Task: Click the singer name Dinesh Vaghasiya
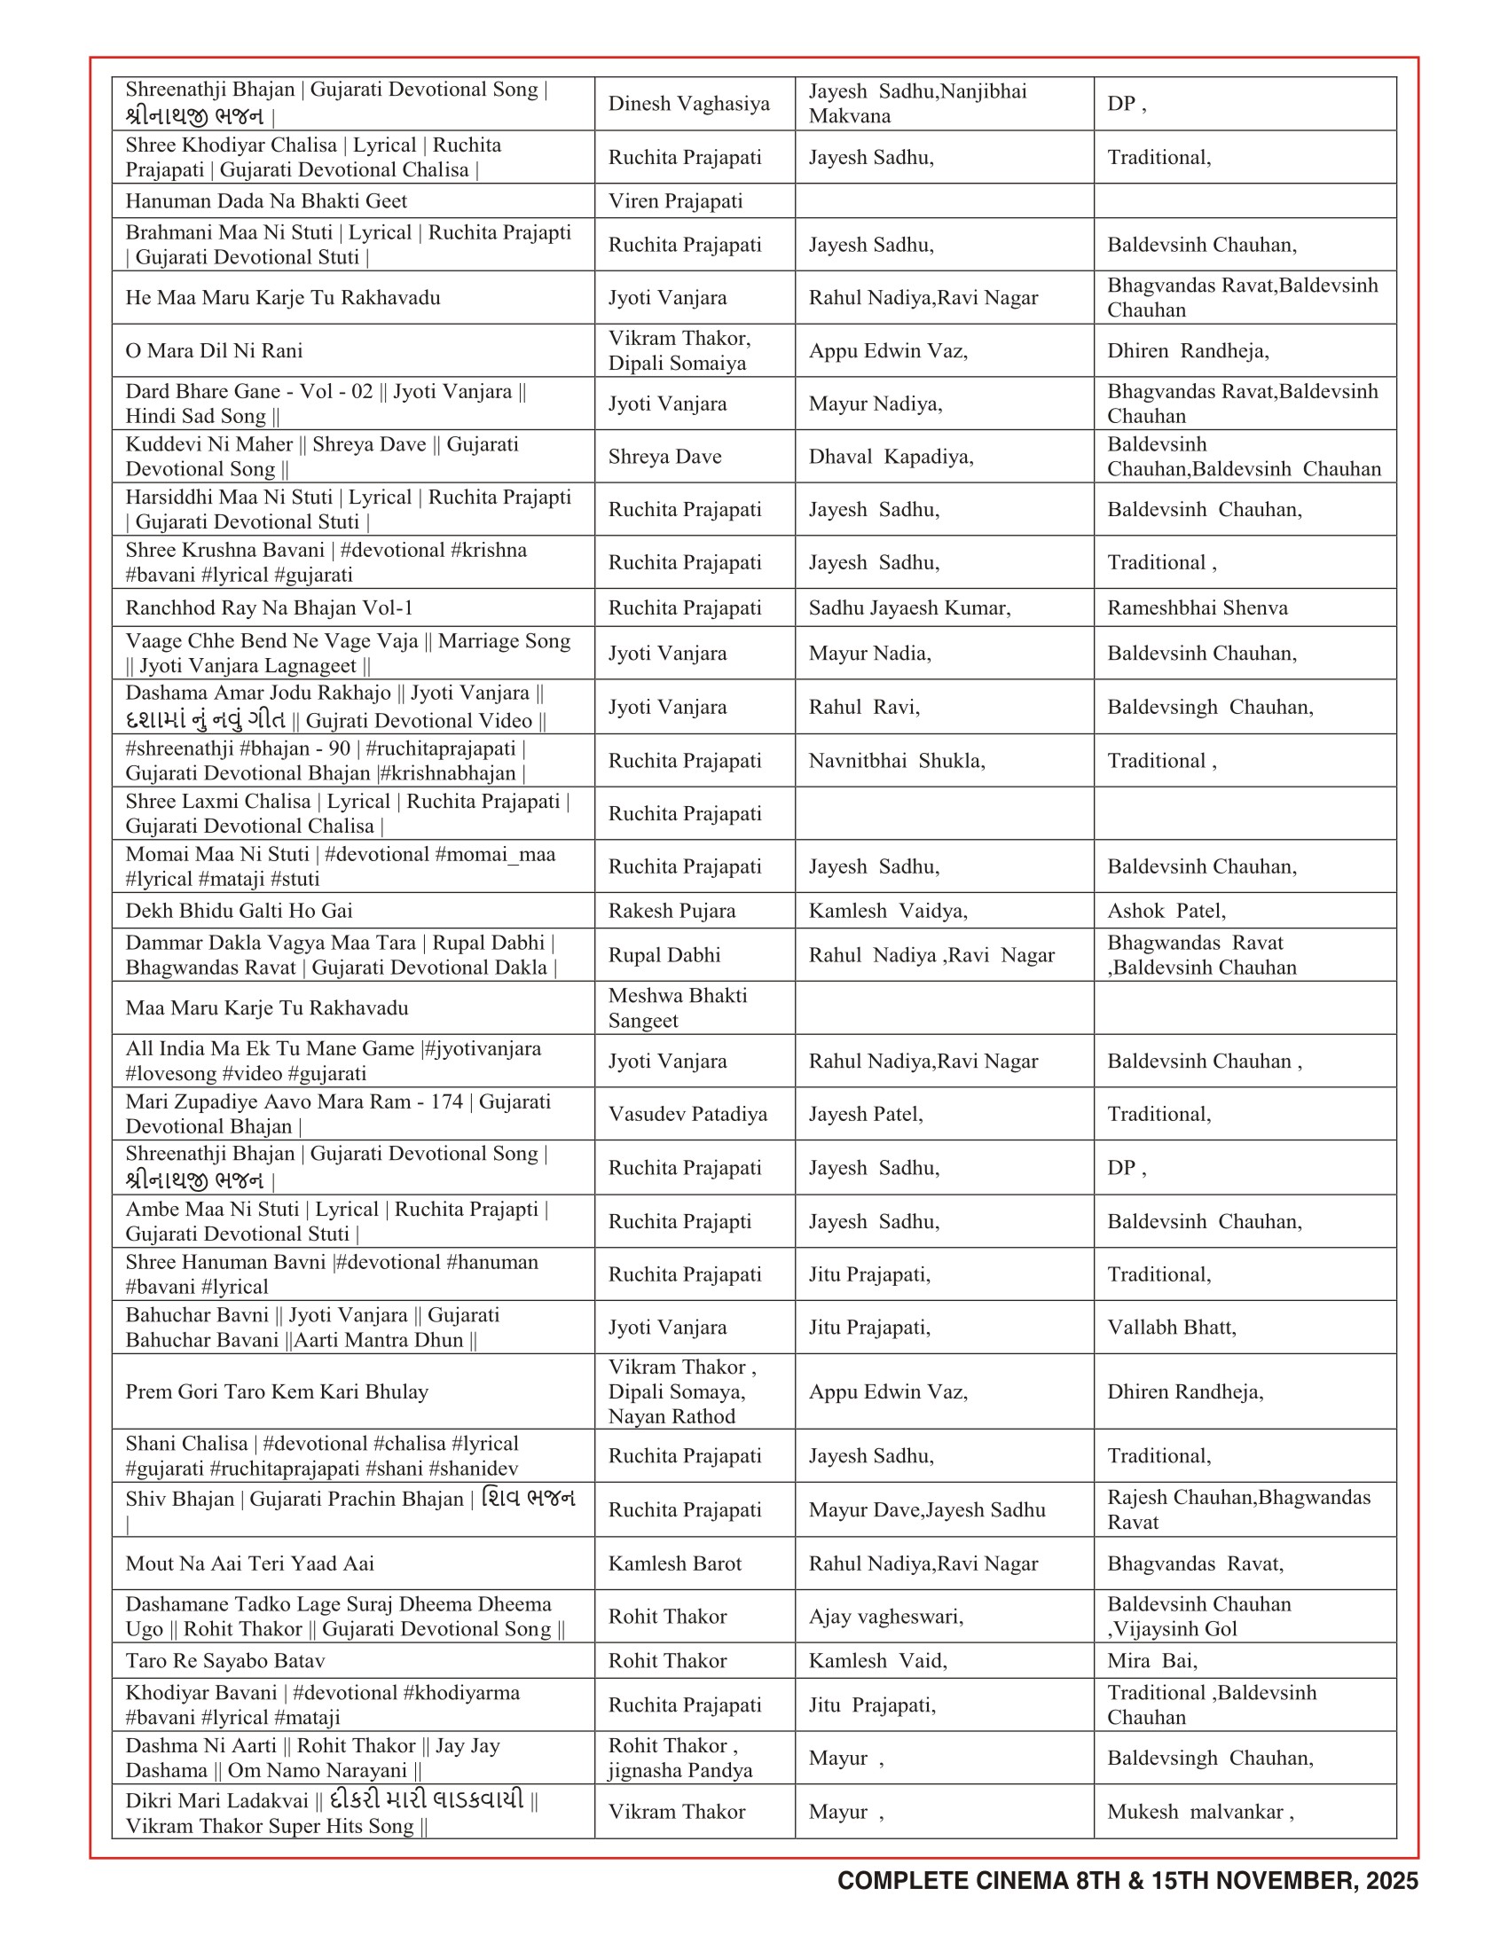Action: (687, 104)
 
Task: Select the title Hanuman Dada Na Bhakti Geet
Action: (265, 201)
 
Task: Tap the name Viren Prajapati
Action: (674, 201)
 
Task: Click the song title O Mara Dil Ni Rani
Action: (214, 350)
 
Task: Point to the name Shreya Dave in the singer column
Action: (664, 457)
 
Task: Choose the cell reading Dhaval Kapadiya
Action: (891, 457)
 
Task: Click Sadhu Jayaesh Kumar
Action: (909, 607)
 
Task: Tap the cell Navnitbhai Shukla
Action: (896, 760)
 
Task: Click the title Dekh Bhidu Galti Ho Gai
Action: (239, 910)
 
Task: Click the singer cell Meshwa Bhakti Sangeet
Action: (677, 1007)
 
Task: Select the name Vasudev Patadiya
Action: (687, 1114)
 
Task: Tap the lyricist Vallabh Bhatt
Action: (1171, 1327)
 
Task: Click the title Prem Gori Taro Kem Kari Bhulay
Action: (276, 1391)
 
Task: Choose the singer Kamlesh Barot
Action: (674, 1563)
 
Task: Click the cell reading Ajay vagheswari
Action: (885, 1616)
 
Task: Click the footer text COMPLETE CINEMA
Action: (953, 1880)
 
